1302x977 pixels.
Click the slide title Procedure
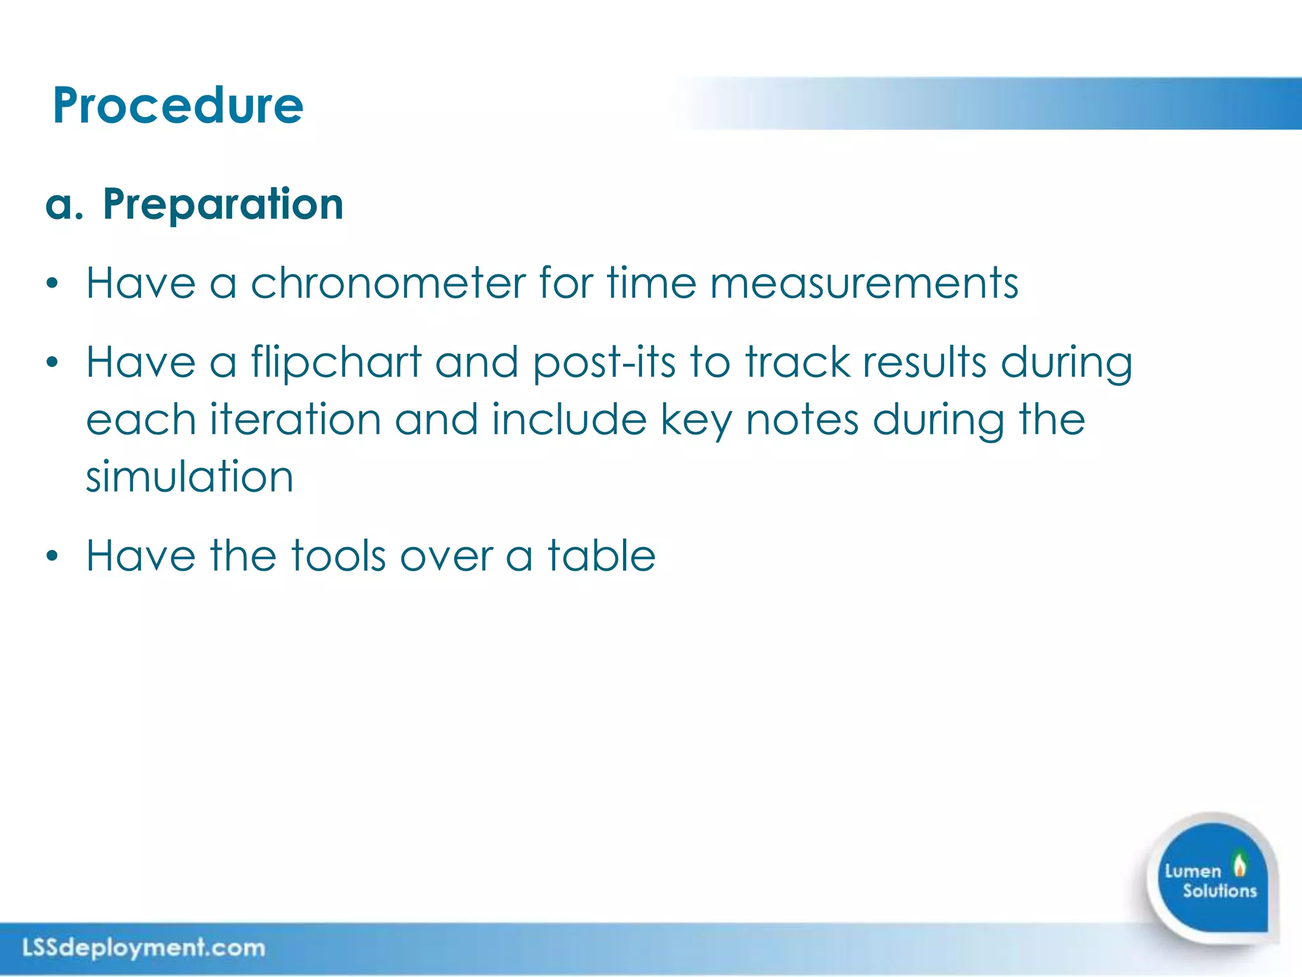pyautogui.click(x=178, y=106)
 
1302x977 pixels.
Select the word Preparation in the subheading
pyautogui.click(x=223, y=205)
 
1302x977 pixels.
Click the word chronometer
pyautogui.click(x=388, y=283)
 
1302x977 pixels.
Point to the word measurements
pyautogui.click(x=864, y=283)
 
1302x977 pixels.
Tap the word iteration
pyautogui.click(x=296, y=420)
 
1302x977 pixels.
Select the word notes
pyautogui.click(x=802, y=420)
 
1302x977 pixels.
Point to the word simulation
pyautogui.click(x=189, y=477)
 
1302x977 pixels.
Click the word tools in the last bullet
pyautogui.click(x=338, y=556)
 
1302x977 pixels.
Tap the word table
pyautogui.click(x=601, y=556)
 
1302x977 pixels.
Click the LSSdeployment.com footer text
pyautogui.click(x=144, y=948)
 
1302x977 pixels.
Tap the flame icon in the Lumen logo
pyautogui.click(x=1239, y=864)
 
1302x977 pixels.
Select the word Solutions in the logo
pyautogui.click(x=1219, y=891)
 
